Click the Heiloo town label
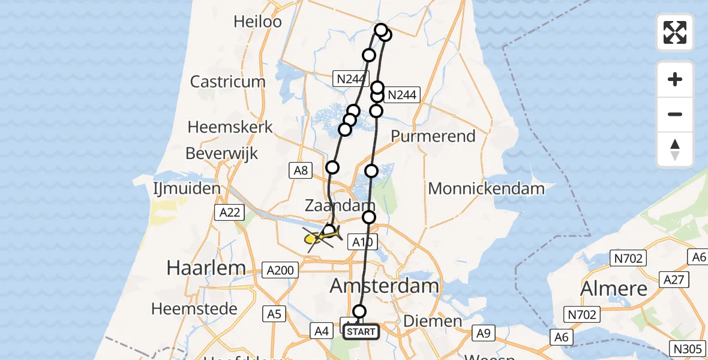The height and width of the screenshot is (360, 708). click(258, 22)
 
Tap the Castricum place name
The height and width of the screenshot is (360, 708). click(227, 82)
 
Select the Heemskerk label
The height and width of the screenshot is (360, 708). click(230, 127)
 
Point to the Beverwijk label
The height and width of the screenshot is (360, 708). click(222, 153)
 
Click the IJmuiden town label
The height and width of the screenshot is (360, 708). click(187, 188)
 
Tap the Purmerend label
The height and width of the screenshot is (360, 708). click(433, 136)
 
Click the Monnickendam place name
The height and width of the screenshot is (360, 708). click(487, 188)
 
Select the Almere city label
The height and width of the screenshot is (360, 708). click(614, 289)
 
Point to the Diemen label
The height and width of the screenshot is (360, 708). click(433, 321)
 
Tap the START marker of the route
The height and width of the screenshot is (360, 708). click(361, 331)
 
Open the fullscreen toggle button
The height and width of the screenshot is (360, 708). click(675, 32)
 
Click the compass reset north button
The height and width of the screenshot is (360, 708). click(675, 149)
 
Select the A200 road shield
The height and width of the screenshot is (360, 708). click(280, 271)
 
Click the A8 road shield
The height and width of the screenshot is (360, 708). click(301, 171)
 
